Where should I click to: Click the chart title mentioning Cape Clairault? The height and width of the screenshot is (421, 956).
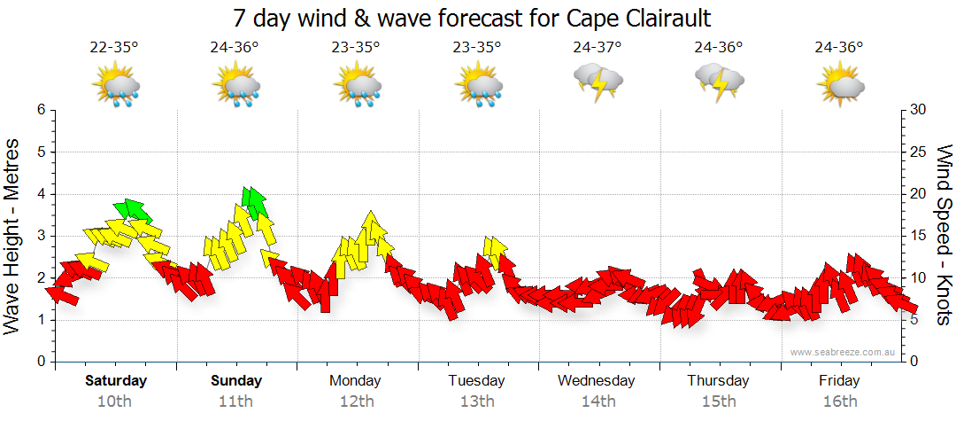click(x=472, y=18)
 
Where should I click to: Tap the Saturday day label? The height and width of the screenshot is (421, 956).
click(x=116, y=381)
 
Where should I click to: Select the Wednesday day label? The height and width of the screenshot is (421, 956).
click(x=597, y=381)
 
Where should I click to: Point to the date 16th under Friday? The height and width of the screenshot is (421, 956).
click(x=838, y=402)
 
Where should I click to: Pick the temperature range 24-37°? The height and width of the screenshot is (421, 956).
click(x=597, y=48)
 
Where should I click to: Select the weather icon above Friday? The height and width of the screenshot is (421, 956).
click(x=839, y=85)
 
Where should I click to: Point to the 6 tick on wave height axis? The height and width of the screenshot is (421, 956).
click(x=40, y=110)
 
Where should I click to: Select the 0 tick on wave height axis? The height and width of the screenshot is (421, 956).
click(x=40, y=362)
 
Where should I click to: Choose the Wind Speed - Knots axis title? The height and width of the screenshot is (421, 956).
click(x=944, y=235)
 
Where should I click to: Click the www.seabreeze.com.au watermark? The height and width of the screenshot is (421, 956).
click(x=844, y=352)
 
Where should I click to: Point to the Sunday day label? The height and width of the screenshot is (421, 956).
click(x=236, y=381)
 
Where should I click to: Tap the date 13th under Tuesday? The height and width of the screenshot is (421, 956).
click(x=476, y=402)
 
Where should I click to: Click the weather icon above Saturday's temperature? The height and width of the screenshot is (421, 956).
click(x=116, y=86)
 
